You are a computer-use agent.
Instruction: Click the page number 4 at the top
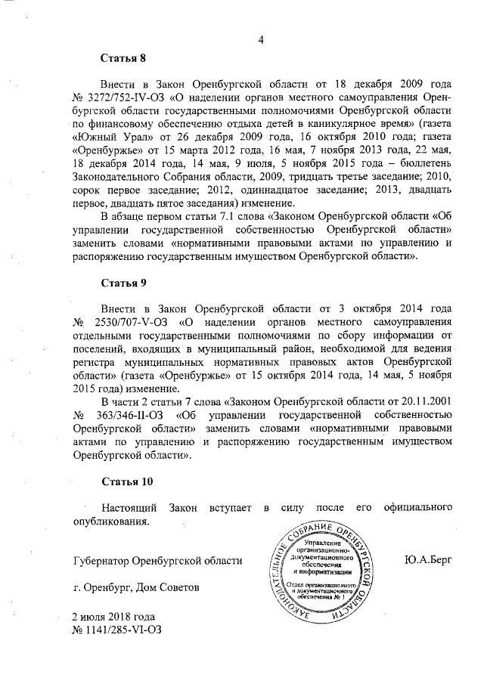pyautogui.click(x=260, y=41)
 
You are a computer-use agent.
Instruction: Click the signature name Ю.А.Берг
pyautogui.click(x=429, y=560)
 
